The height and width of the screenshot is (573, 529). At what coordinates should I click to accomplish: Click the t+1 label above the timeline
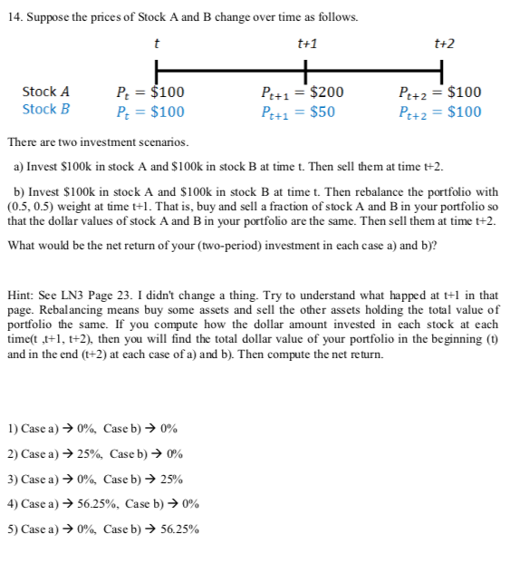[307, 44]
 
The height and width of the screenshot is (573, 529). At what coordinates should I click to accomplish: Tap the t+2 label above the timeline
[443, 44]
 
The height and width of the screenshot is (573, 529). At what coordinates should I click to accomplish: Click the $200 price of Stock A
[326, 92]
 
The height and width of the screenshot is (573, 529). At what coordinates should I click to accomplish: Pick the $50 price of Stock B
[322, 112]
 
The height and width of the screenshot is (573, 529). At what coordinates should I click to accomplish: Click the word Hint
[22, 296]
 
